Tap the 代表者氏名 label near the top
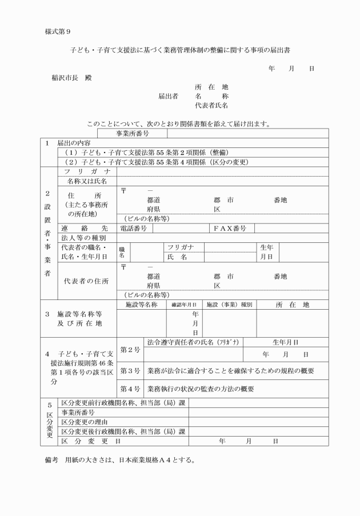(212, 106)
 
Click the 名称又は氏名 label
(87, 181)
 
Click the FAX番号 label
(230, 228)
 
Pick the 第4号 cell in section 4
(130, 389)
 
